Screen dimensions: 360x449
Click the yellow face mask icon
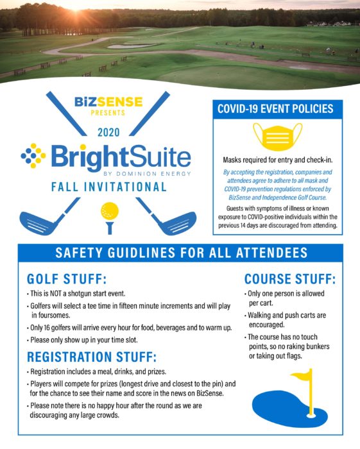(277, 137)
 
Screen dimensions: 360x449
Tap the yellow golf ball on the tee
(110, 211)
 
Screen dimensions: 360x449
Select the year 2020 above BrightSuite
(108, 132)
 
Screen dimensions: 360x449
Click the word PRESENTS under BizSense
(108, 113)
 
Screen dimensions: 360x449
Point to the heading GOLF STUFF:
(67, 279)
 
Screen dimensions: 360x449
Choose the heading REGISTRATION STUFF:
(92, 357)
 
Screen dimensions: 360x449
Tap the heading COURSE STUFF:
(290, 279)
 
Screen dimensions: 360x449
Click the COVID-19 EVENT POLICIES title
(275, 109)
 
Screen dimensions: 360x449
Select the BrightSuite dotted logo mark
(33, 155)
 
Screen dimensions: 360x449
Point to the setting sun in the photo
(76, 7)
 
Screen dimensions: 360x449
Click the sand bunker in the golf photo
(132, 46)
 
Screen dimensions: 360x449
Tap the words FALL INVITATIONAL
(109, 187)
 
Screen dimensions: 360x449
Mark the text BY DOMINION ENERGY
(147, 174)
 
